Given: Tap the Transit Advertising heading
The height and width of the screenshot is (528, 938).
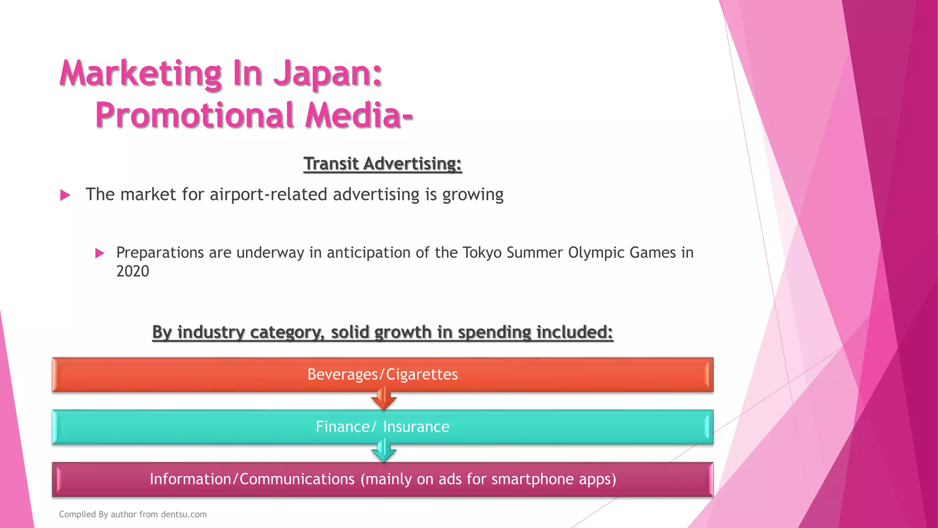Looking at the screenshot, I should [382, 164].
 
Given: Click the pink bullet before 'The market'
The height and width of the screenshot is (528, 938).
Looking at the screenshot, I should [65, 196].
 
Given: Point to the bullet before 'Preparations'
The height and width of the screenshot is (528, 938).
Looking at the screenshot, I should [99, 253].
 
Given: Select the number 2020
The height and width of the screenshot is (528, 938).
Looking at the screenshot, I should [132, 271].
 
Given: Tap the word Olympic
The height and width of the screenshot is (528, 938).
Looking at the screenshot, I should [596, 253].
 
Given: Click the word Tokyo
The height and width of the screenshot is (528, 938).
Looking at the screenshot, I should [482, 253].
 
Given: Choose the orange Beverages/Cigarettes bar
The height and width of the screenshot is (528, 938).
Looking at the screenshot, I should [183, 374].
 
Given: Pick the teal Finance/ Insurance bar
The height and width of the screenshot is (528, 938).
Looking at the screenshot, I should [183, 427].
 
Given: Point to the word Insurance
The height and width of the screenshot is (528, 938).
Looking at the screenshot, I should [416, 427].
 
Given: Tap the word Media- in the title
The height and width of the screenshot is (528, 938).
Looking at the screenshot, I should [359, 115].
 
